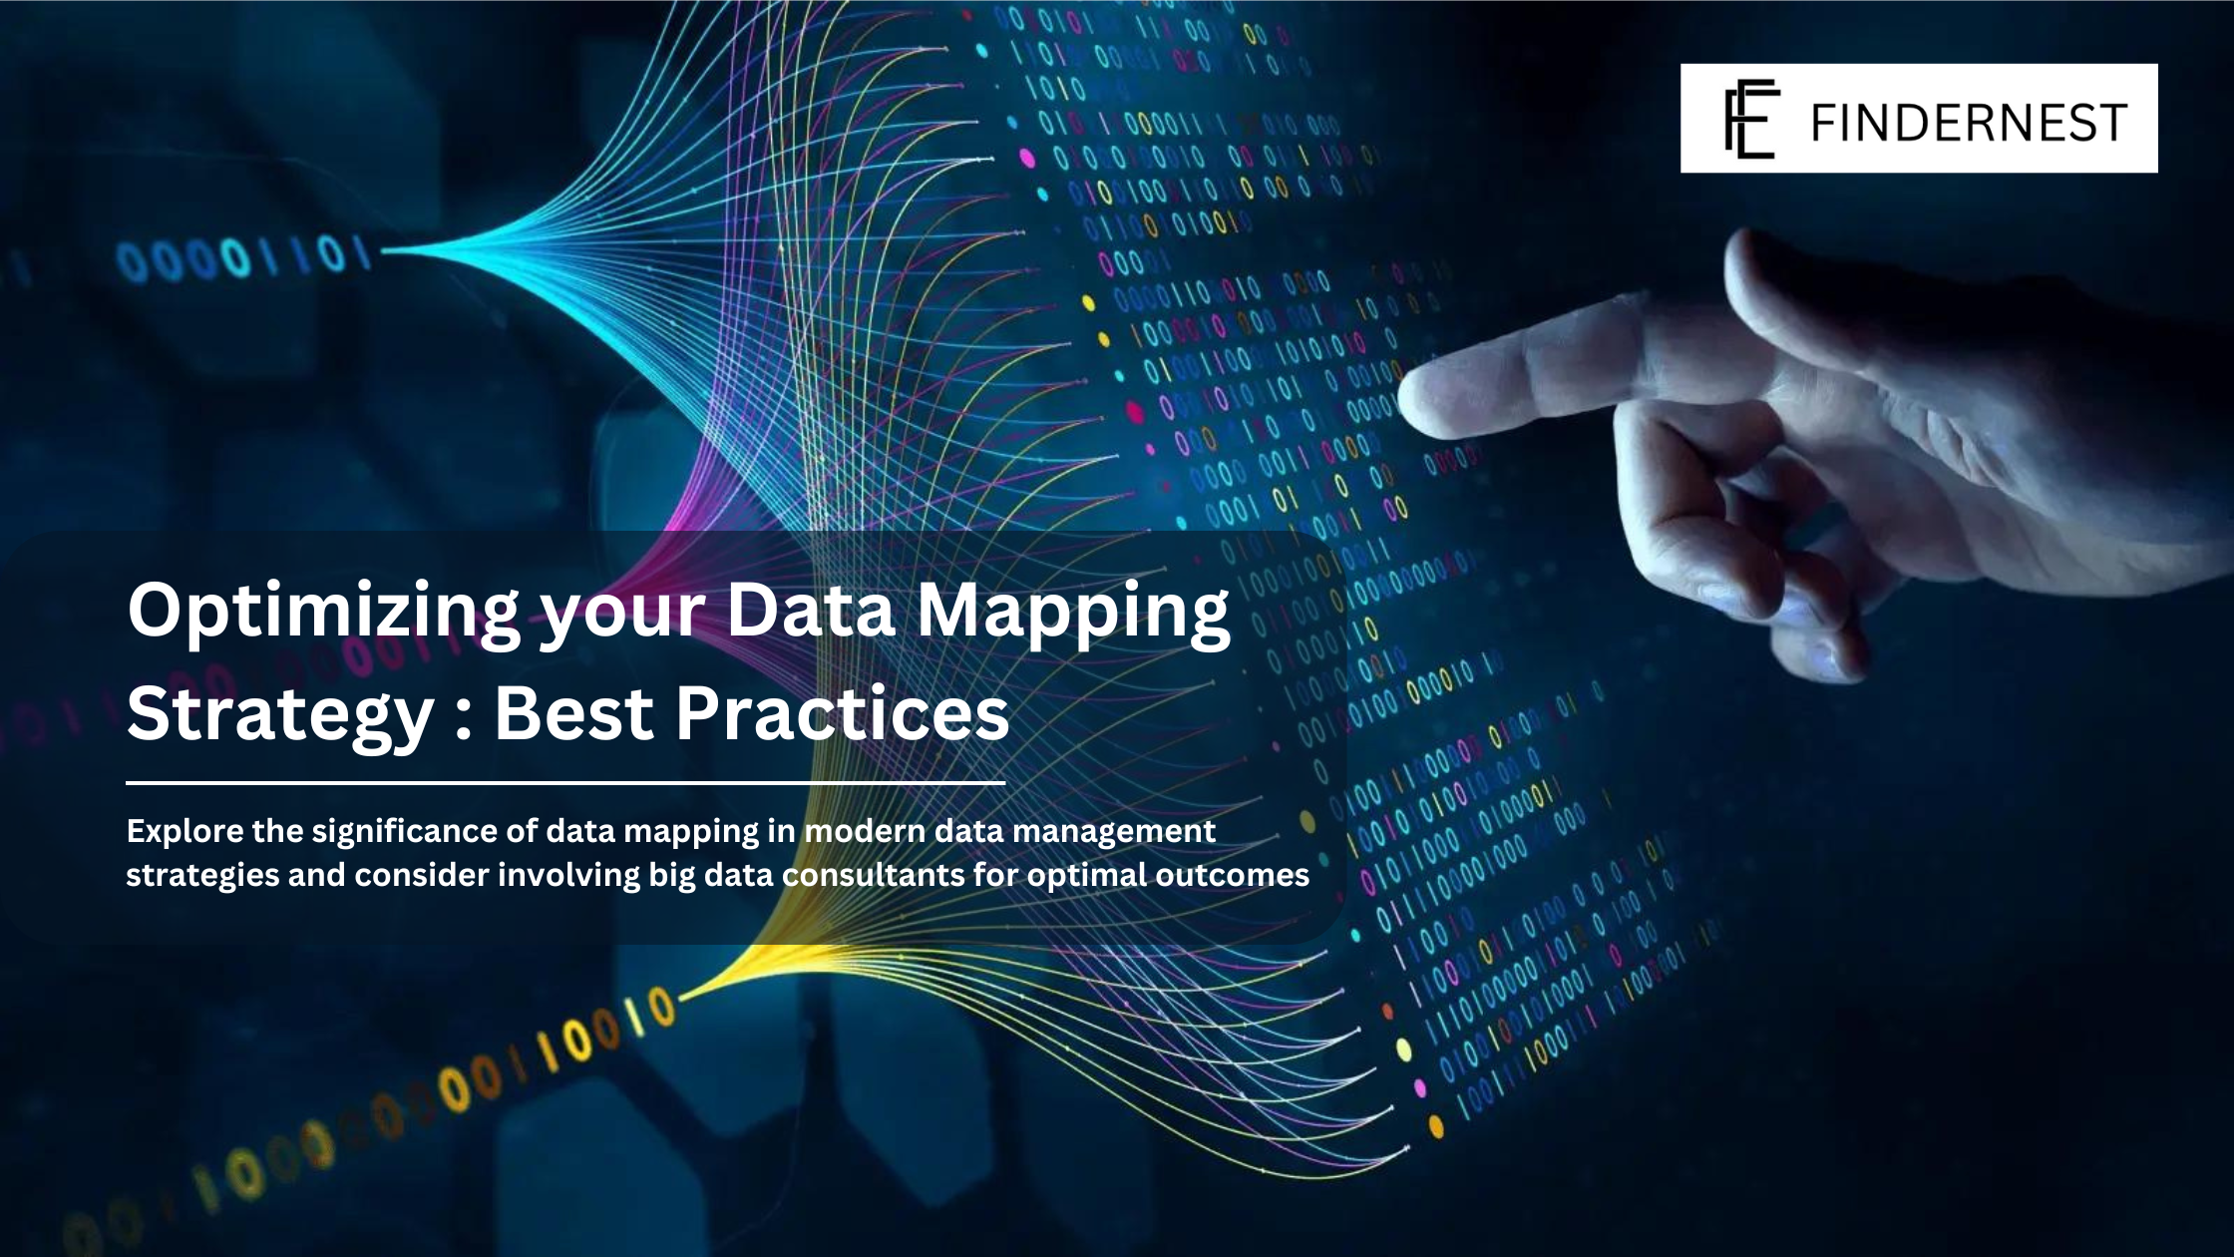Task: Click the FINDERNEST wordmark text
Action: pos(1968,122)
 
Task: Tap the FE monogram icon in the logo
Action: pos(1751,119)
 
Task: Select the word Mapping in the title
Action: pos(1073,611)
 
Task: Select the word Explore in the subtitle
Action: pos(185,831)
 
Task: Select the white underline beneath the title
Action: pos(564,784)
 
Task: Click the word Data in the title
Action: pos(810,611)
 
